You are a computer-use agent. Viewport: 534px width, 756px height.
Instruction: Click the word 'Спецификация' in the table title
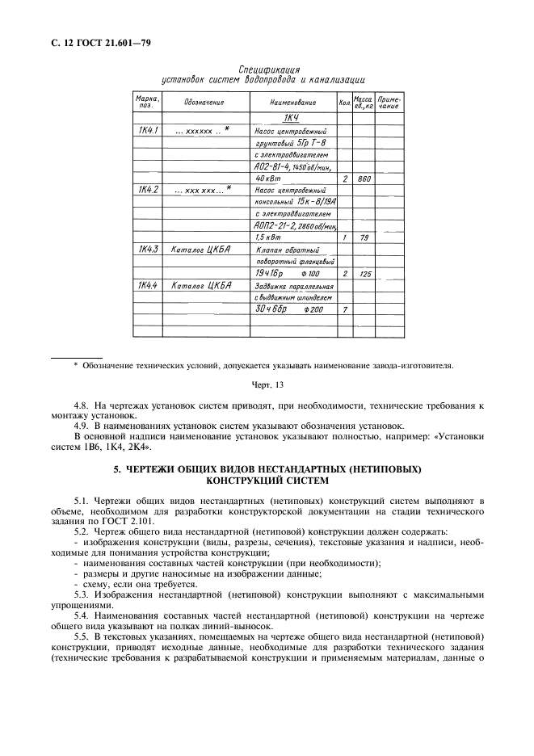(262, 69)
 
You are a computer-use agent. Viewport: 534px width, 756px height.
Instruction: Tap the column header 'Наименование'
(292, 103)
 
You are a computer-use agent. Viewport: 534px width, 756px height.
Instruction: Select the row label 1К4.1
(149, 130)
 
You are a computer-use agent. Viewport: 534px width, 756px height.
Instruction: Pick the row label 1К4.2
(149, 190)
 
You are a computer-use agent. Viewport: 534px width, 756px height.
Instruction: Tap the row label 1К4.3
(149, 250)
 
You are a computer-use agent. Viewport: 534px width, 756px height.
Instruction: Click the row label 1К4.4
(149, 285)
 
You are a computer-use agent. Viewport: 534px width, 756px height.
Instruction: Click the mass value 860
(364, 178)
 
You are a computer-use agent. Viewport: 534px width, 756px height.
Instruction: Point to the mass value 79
(364, 238)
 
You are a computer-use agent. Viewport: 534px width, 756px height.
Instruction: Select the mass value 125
(364, 274)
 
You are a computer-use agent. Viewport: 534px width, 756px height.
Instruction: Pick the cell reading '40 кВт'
(267, 178)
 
